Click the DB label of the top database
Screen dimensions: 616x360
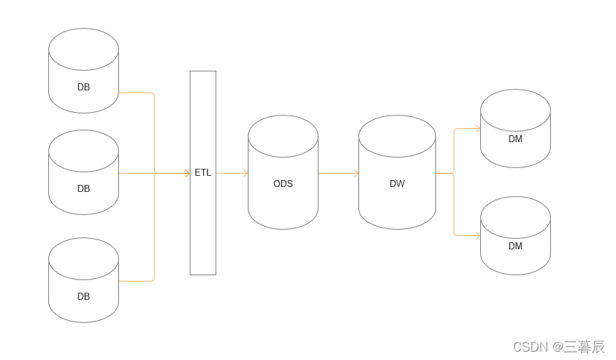click(83, 88)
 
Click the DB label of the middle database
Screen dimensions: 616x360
click(83, 188)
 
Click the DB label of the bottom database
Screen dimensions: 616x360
click(83, 296)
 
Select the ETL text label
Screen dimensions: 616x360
click(202, 173)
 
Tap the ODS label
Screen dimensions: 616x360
click(283, 184)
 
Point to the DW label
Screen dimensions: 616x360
click(397, 184)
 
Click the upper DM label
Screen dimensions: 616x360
click(515, 139)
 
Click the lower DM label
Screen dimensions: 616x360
click(515, 247)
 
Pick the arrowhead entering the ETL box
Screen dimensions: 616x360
click(187, 173)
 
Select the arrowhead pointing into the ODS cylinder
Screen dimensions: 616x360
click(245, 173)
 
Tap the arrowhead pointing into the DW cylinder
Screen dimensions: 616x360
click(356, 173)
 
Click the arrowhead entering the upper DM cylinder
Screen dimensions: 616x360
click(477, 128)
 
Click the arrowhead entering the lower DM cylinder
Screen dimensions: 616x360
click(477, 235)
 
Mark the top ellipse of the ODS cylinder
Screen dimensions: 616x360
click(283, 136)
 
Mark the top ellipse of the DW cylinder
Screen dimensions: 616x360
click(397, 136)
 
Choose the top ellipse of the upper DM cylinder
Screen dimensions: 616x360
click(515, 110)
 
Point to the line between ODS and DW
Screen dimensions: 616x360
click(337, 173)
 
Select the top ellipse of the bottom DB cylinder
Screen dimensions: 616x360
click(83, 258)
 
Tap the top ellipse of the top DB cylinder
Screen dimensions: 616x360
click(83, 49)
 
